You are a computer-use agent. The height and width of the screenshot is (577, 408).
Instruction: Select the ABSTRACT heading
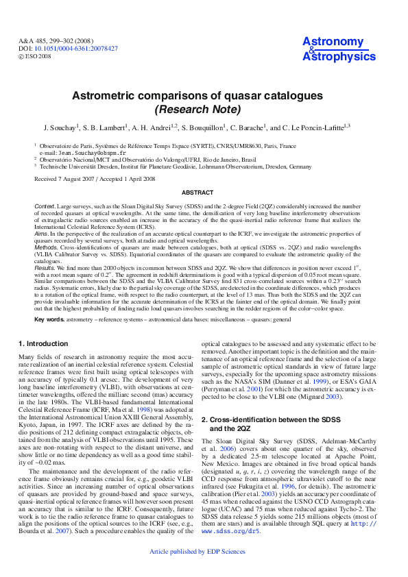click(204, 193)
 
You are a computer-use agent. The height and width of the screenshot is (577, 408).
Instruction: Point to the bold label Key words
click(49, 320)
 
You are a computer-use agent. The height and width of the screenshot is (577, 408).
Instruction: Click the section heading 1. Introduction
click(44, 343)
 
